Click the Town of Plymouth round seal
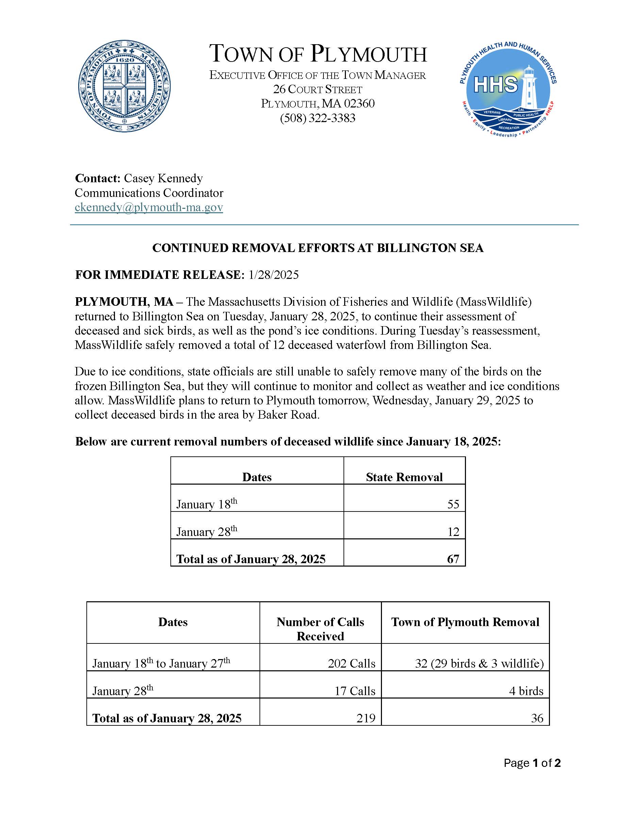[124, 86]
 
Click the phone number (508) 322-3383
[318, 118]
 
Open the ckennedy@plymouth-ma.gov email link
[149, 207]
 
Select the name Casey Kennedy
[163, 178]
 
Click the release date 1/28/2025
[273, 275]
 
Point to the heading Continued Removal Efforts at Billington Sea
[318, 248]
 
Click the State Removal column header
[404, 477]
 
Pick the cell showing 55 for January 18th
[453, 504]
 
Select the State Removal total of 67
[453, 559]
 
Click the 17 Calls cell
[355, 691]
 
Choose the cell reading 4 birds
[526, 691]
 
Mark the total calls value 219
[366, 718]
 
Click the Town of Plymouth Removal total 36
[537, 718]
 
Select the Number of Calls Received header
[320, 629]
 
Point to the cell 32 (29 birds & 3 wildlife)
[479, 663]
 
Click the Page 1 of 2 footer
[532, 763]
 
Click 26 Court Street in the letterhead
[318, 90]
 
